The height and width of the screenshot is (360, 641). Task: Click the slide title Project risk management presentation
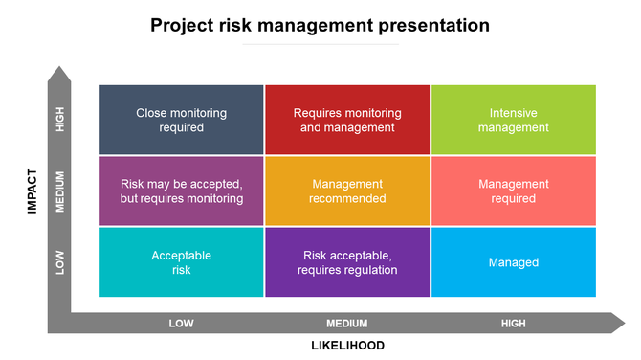[320, 25]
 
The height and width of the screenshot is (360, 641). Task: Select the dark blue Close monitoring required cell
[181, 120]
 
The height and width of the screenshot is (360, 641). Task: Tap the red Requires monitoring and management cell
[347, 120]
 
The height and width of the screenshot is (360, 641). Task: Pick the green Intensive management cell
[513, 120]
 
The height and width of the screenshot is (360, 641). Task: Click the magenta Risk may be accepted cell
[181, 191]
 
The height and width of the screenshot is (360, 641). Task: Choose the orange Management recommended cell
[347, 191]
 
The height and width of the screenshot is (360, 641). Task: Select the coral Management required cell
[513, 191]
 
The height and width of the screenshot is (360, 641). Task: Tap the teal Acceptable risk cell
[181, 261]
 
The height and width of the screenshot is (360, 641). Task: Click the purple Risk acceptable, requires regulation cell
[347, 261]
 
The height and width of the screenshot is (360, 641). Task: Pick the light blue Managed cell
[513, 261]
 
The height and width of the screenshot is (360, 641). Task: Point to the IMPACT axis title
[32, 191]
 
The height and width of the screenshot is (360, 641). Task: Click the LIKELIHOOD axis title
[347, 346]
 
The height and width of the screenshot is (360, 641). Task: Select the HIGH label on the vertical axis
[60, 120]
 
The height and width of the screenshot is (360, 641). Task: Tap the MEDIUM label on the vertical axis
[60, 191]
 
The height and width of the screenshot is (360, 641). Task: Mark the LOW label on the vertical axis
[60, 261]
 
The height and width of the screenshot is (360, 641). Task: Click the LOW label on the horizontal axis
[181, 324]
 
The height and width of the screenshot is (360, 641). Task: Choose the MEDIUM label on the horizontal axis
[347, 324]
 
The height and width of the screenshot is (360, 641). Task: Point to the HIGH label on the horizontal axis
[513, 324]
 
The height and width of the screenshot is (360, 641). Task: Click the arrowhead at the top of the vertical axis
[60, 75]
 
